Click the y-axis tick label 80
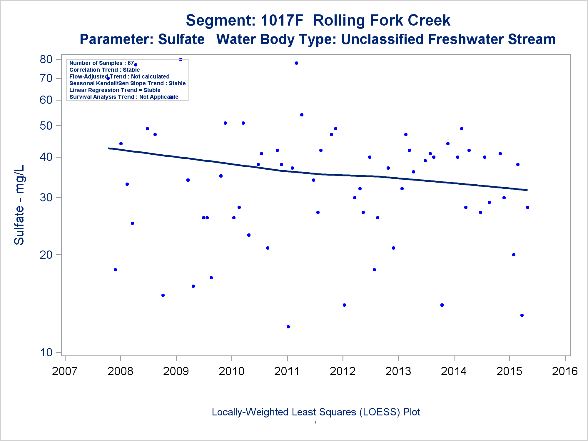click(46, 59)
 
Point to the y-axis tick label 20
click(46, 255)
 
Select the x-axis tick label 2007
click(65, 371)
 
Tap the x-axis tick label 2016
click(565, 371)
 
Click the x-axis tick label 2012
click(343, 371)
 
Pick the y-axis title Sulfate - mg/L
click(19, 205)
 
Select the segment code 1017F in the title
click(282, 21)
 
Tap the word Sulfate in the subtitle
click(181, 39)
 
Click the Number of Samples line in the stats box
click(101, 63)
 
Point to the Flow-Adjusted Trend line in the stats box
click(119, 77)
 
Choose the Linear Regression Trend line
click(115, 90)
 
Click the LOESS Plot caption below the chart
click(316, 412)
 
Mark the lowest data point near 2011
click(288, 327)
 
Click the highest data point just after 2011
click(296, 63)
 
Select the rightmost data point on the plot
click(527, 207)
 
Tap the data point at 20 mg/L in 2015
click(514, 255)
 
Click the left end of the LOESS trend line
click(109, 148)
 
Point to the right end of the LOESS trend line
click(527, 190)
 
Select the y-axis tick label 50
click(46, 126)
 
